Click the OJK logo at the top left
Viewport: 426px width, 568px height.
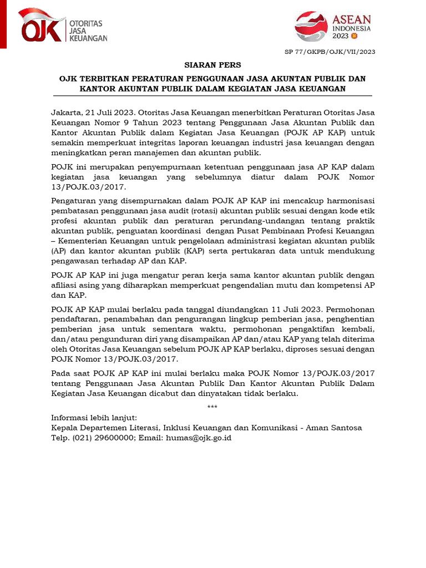click(x=62, y=27)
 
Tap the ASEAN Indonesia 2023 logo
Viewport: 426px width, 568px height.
click(x=333, y=27)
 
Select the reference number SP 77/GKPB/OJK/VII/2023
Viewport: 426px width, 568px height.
click(x=329, y=52)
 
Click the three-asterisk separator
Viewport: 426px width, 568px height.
click(x=212, y=408)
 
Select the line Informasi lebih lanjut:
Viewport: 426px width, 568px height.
click(x=94, y=418)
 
